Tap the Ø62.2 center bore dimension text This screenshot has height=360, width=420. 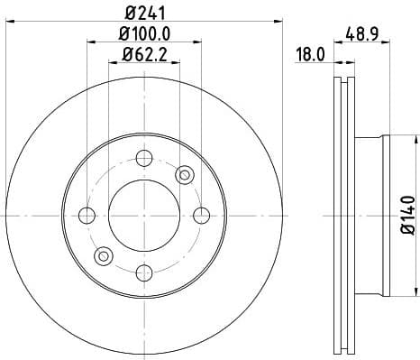tap(144, 60)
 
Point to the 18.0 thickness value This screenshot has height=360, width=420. tap(310, 54)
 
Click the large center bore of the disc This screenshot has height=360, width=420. tap(142, 215)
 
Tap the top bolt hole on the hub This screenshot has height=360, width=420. tap(142, 159)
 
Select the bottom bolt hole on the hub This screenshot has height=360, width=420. tap(142, 270)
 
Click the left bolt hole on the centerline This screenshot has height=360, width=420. tap(87, 215)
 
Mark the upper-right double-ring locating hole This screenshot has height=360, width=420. tap(186, 173)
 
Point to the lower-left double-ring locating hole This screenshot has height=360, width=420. tap(103, 256)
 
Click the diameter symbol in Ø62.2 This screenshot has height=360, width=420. tap(125, 60)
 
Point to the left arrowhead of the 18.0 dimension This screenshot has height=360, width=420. tap(334, 62)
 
